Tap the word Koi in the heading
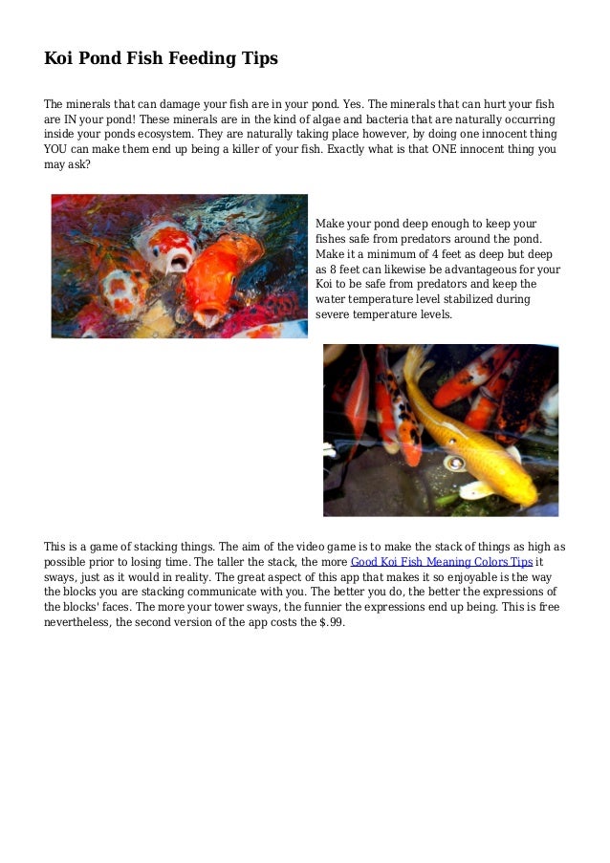(x=59, y=58)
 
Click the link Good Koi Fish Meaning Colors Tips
(x=442, y=562)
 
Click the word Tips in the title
(x=257, y=58)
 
